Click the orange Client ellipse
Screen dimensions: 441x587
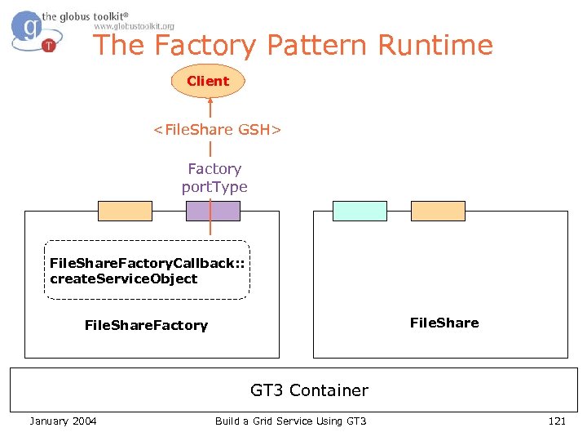tap(208, 81)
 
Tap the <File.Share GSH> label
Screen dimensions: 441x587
tap(218, 130)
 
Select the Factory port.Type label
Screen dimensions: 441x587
tap(214, 177)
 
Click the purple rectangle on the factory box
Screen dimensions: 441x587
tap(213, 211)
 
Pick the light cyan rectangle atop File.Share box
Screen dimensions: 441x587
tap(360, 211)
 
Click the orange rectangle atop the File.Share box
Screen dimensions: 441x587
tap(438, 211)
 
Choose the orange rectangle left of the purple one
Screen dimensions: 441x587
tap(125, 211)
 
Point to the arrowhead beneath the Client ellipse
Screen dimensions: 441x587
tap(210, 102)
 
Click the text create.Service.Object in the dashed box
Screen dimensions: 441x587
tap(123, 278)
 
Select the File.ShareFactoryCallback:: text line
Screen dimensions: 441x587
tap(147, 263)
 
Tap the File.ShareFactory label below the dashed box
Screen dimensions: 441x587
tap(146, 325)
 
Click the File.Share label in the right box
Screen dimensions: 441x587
tap(444, 323)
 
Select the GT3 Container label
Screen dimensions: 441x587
tap(309, 390)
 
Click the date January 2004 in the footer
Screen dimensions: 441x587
tap(63, 421)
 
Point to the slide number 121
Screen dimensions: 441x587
tap(557, 421)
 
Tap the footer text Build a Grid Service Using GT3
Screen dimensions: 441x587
tap(291, 421)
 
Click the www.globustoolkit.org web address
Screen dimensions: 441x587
tap(135, 26)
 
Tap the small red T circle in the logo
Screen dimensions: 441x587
tap(48, 46)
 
